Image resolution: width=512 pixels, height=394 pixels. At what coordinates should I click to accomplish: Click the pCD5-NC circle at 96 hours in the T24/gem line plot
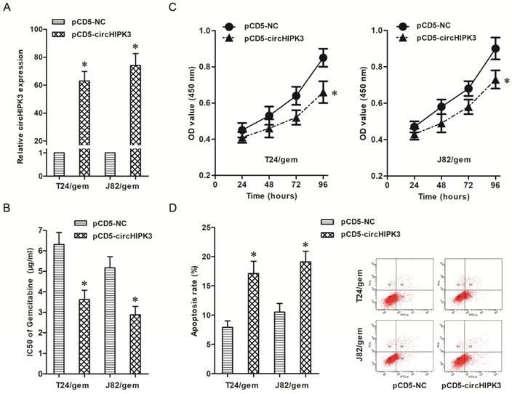click(x=322, y=57)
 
